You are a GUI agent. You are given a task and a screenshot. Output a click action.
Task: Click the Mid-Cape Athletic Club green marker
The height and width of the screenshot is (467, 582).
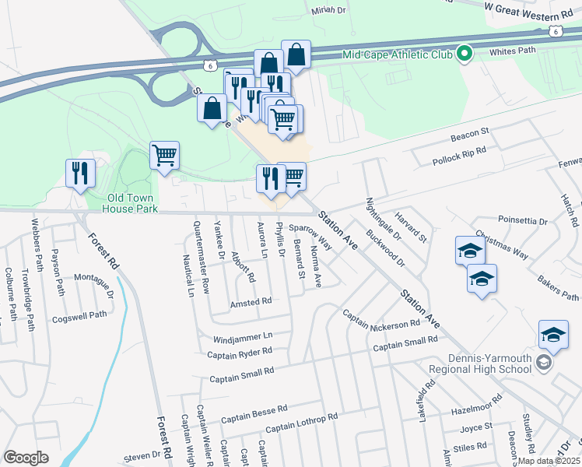coord(465,54)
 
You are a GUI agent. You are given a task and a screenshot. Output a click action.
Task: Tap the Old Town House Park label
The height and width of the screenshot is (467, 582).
coord(122,203)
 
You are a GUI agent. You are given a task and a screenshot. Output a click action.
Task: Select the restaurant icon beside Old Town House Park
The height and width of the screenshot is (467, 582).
coord(80,174)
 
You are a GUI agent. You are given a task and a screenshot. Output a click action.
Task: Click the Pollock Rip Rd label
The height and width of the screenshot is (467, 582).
coord(459,156)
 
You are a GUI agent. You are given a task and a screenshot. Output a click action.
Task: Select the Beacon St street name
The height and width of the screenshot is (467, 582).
coord(469,135)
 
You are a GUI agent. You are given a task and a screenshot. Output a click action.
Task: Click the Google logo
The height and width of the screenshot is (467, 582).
coord(26,458)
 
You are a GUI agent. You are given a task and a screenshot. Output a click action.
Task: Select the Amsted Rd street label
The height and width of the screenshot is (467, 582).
coord(251,302)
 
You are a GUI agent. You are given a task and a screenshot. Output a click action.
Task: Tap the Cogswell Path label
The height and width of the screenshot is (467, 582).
coord(79,316)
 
